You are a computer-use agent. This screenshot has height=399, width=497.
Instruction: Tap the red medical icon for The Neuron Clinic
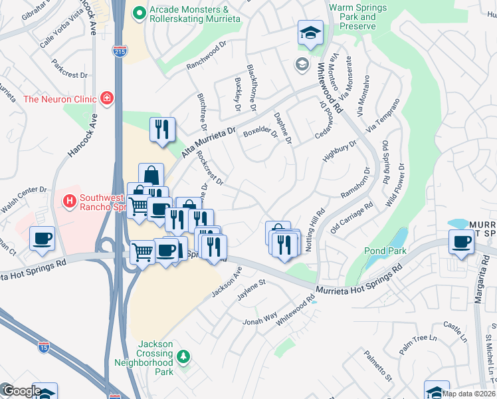click(x=107, y=98)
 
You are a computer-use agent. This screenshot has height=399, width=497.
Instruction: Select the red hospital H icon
click(x=68, y=199)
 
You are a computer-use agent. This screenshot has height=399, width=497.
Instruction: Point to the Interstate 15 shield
click(x=43, y=345)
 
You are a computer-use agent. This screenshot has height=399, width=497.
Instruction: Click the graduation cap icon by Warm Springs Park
click(x=310, y=33)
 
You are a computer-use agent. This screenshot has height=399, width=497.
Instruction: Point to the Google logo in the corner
click(x=21, y=392)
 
